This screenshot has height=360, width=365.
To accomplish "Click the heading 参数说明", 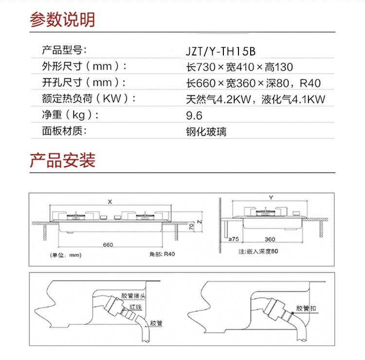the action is click(62, 19).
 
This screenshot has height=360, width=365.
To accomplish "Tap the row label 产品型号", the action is click(64, 50).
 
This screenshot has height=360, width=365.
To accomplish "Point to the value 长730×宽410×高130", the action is click(239, 67).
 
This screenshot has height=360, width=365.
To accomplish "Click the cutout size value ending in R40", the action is click(253, 83).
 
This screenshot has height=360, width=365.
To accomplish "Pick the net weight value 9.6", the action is click(194, 116).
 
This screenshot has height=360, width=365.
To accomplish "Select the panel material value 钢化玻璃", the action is click(206, 131).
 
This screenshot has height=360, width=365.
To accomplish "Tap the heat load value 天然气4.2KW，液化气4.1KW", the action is click(255, 100).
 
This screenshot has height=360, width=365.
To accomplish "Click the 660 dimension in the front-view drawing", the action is click(108, 245).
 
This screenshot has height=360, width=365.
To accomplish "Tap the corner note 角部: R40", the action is click(162, 254).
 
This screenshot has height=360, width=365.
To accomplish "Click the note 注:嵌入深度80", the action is click(258, 252).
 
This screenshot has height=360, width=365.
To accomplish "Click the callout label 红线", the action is click(135, 307).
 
